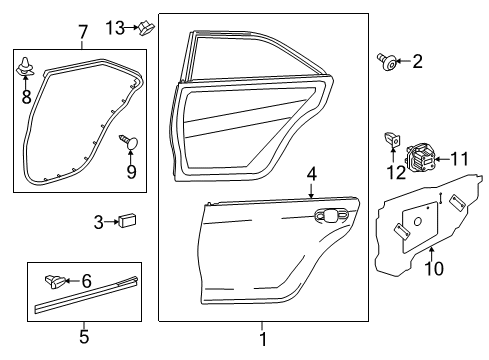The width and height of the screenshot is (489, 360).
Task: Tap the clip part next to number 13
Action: pos(146,27)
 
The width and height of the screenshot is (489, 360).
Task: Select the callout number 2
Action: pos(416,63)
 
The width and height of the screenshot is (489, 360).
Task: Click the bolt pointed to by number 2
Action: pos(386,63)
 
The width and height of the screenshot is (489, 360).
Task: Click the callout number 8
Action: pos(27,97)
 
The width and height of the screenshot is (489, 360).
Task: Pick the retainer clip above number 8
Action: pos(27,70)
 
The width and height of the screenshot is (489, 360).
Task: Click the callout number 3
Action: pos(99,222)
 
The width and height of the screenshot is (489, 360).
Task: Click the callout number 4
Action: pos(311,174)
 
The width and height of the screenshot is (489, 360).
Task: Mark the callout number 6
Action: pos(114,282)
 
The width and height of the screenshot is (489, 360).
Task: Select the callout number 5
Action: pos(84,337)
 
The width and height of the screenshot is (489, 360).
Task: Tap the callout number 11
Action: pos(459,158)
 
